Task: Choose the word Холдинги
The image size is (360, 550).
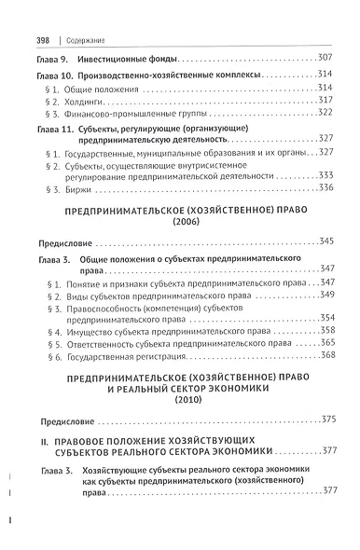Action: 84,100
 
